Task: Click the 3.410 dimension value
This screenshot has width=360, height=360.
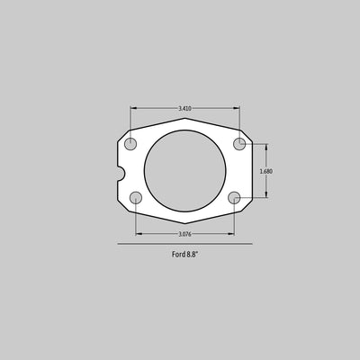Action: click(x=185, y=109)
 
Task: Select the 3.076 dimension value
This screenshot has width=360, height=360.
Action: click(x=185, y=234)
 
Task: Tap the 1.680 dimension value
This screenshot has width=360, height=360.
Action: click(x=266, y=172)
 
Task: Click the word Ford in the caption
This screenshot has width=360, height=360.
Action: click(x=178, y=255)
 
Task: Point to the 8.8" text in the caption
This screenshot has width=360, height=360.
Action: click(x=193, y=255)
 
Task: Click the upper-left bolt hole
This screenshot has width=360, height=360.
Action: click(x=130, y=144)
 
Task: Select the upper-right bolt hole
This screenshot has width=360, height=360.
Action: click(x=239, y=144)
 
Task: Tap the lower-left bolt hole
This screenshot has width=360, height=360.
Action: click(x=136, y=198)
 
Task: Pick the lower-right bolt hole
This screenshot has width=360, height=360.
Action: click(x=234, y=198)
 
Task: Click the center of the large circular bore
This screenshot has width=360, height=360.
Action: click(x=185, y=170)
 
